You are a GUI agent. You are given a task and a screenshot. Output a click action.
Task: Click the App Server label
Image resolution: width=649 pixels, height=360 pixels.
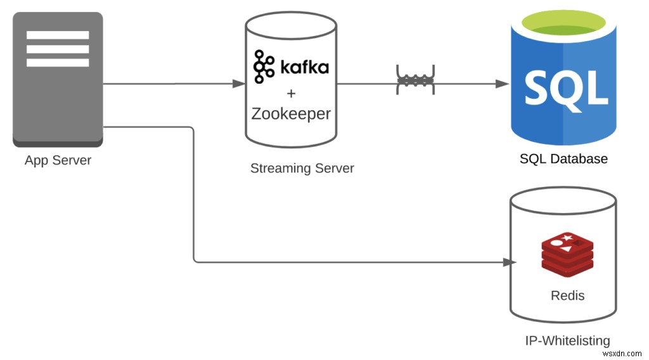point(58,160)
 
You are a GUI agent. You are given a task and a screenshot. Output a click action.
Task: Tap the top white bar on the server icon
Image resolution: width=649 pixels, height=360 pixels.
point(58,35)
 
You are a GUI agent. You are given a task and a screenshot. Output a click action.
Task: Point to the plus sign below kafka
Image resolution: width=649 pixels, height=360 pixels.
point(291,94)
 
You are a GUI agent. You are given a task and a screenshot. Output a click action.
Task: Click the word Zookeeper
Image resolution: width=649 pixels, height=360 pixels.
point(291,114)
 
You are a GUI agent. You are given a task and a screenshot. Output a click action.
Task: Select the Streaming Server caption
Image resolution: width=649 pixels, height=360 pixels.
point(302,169)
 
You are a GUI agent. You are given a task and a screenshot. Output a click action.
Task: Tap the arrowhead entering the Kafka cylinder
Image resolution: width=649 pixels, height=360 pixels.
point(240,84)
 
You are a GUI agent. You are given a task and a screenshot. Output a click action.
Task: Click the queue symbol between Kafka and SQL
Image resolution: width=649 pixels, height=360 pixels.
point(415,80)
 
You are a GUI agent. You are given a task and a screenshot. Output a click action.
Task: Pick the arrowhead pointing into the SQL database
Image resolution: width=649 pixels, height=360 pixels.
point(503,84)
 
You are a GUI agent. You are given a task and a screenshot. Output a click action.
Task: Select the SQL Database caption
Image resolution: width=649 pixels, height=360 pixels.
point(563,159)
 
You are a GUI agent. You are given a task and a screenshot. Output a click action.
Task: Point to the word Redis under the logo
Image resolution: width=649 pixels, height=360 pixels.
point(567,295)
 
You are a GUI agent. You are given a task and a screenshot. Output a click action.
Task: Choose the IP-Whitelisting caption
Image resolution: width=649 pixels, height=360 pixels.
point(567,341)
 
